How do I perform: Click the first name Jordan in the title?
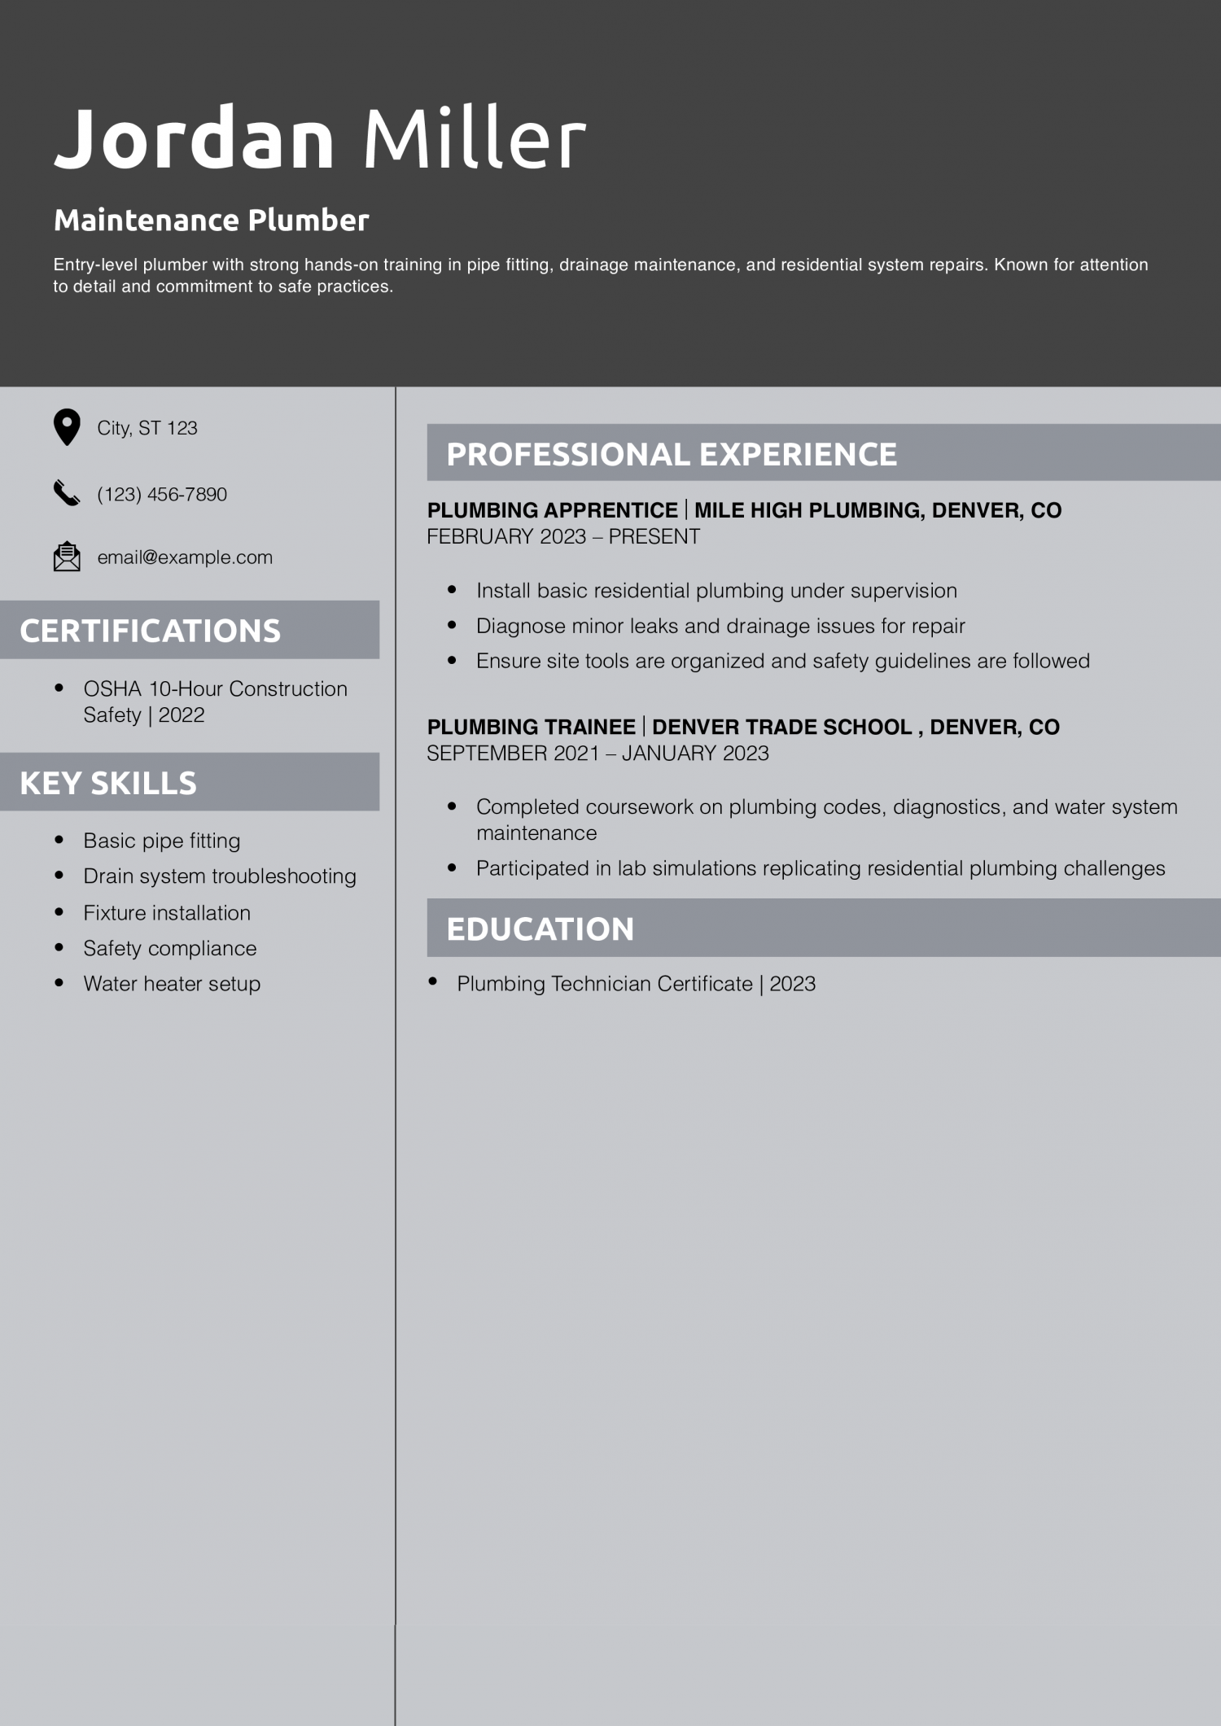click(194, 138)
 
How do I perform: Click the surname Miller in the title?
click(474, 138)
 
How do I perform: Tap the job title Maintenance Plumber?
click(211, 221)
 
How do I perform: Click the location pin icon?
click(67, 427)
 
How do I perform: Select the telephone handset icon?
click(67, 493)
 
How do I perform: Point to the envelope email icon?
click(67, 557)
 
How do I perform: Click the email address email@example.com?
click(185, 557)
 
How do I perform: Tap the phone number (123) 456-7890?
click(162, 494)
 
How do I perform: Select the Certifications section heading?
click(150, 631)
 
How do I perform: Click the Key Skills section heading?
click(108, 783)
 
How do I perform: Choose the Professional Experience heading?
click(672, 454)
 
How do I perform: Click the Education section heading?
click(540, 929)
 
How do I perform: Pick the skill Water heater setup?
click(172, 984)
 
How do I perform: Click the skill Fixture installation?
click(167, 913)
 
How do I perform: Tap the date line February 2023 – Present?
click(563, 537)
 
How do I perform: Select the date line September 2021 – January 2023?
click(597, 754)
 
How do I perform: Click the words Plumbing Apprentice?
click(552, 510)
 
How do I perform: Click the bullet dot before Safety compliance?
click(59, 948)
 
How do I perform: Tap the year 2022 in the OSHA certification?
click(182, 715)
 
